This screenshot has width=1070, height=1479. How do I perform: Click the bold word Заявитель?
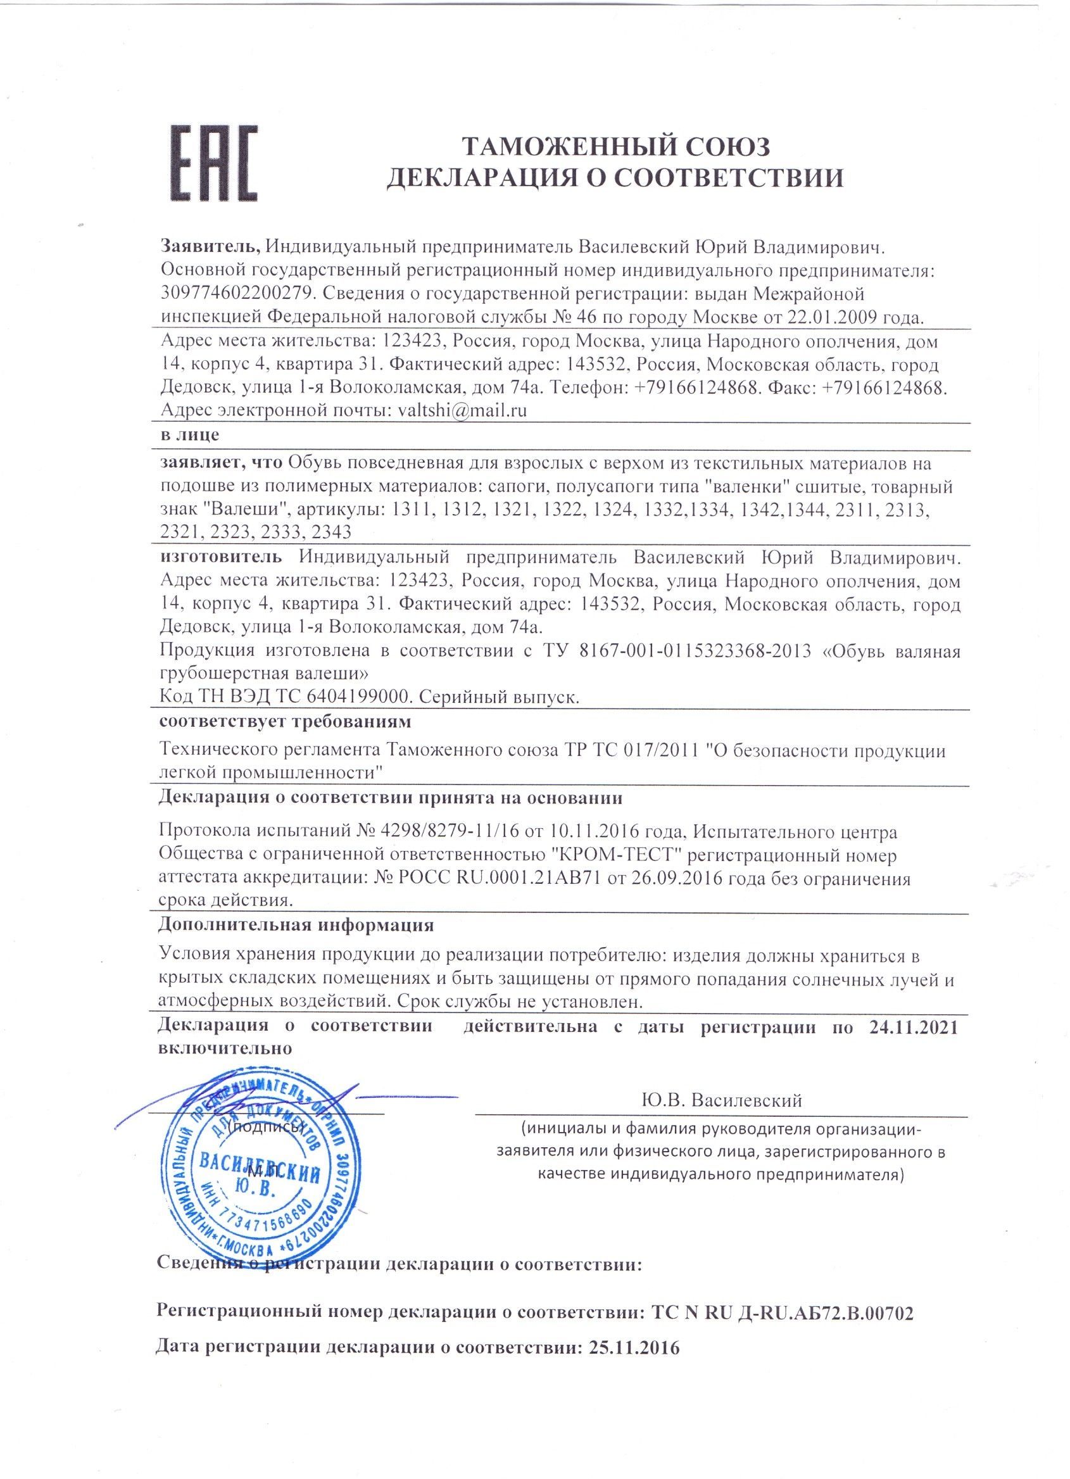pyautogui.click(x=210, y=246)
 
